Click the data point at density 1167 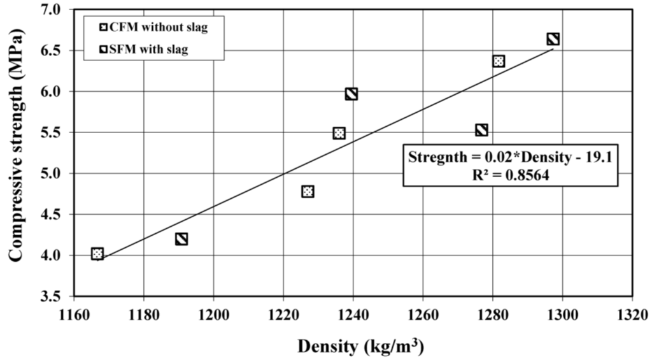point(97,254)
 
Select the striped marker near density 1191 point(181,239)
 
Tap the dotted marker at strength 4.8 point(308,191)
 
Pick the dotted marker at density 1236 point(339,133)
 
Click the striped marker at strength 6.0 point(351,94)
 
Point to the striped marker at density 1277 point(481,130)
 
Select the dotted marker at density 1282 point(499,61)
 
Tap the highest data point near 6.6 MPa point(553,40)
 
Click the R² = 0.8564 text point(510,173)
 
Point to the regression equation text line point(510,157)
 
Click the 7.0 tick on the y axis point(53,10)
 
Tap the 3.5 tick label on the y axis point(53,296)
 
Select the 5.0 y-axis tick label point(53,173)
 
